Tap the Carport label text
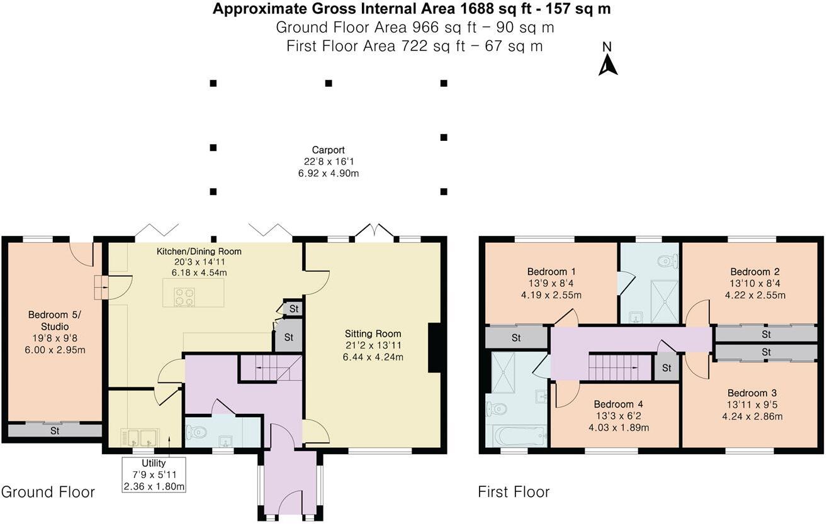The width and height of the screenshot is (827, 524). tap(328, 150)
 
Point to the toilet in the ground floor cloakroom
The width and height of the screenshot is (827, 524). tap(197, 432)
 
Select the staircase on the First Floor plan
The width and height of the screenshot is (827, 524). tap(619, 367)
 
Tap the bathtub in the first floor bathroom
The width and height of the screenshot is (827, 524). tap(514, 435)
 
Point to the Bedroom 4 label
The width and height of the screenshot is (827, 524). tap(618, 404)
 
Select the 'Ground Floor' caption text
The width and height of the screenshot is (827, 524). tap(48, 491)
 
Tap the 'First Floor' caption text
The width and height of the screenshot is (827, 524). tap(514, 491)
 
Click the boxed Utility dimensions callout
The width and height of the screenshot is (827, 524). tap(154, 475)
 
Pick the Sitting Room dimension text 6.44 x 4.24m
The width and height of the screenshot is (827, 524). tap(373, 357)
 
